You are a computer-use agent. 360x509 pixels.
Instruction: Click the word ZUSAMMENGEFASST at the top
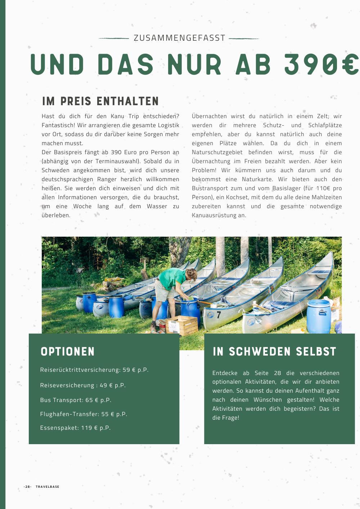click(x=179, y=38)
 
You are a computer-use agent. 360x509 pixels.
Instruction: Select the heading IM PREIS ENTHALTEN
click(x=100, y=102)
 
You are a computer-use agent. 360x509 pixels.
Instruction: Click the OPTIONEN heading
click(x=68, y=352)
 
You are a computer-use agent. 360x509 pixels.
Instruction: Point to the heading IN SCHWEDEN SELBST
click(x=274, y=352)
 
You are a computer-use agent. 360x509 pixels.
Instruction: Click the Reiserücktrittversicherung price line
click(x=94, y=370)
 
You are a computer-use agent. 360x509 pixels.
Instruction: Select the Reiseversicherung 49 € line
click(x=83, y=385)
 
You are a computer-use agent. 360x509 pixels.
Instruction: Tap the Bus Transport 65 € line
click(x=76, y=400)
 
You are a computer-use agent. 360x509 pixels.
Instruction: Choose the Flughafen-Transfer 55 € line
click(x=84, y=414)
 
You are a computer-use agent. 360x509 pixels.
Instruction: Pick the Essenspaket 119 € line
click(x=75, y=428)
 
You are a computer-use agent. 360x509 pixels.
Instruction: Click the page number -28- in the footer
click(x=28, y=487)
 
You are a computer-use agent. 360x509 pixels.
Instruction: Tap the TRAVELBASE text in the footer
click(x=48, y=487)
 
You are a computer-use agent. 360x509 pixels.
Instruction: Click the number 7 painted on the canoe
click(x=219, y=315)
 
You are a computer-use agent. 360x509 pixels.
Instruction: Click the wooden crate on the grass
click(x=182, y=325)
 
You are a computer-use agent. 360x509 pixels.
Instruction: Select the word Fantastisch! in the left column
click(x=58, y=125)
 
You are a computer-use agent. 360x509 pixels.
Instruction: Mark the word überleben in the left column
click(x=55, y=215)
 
